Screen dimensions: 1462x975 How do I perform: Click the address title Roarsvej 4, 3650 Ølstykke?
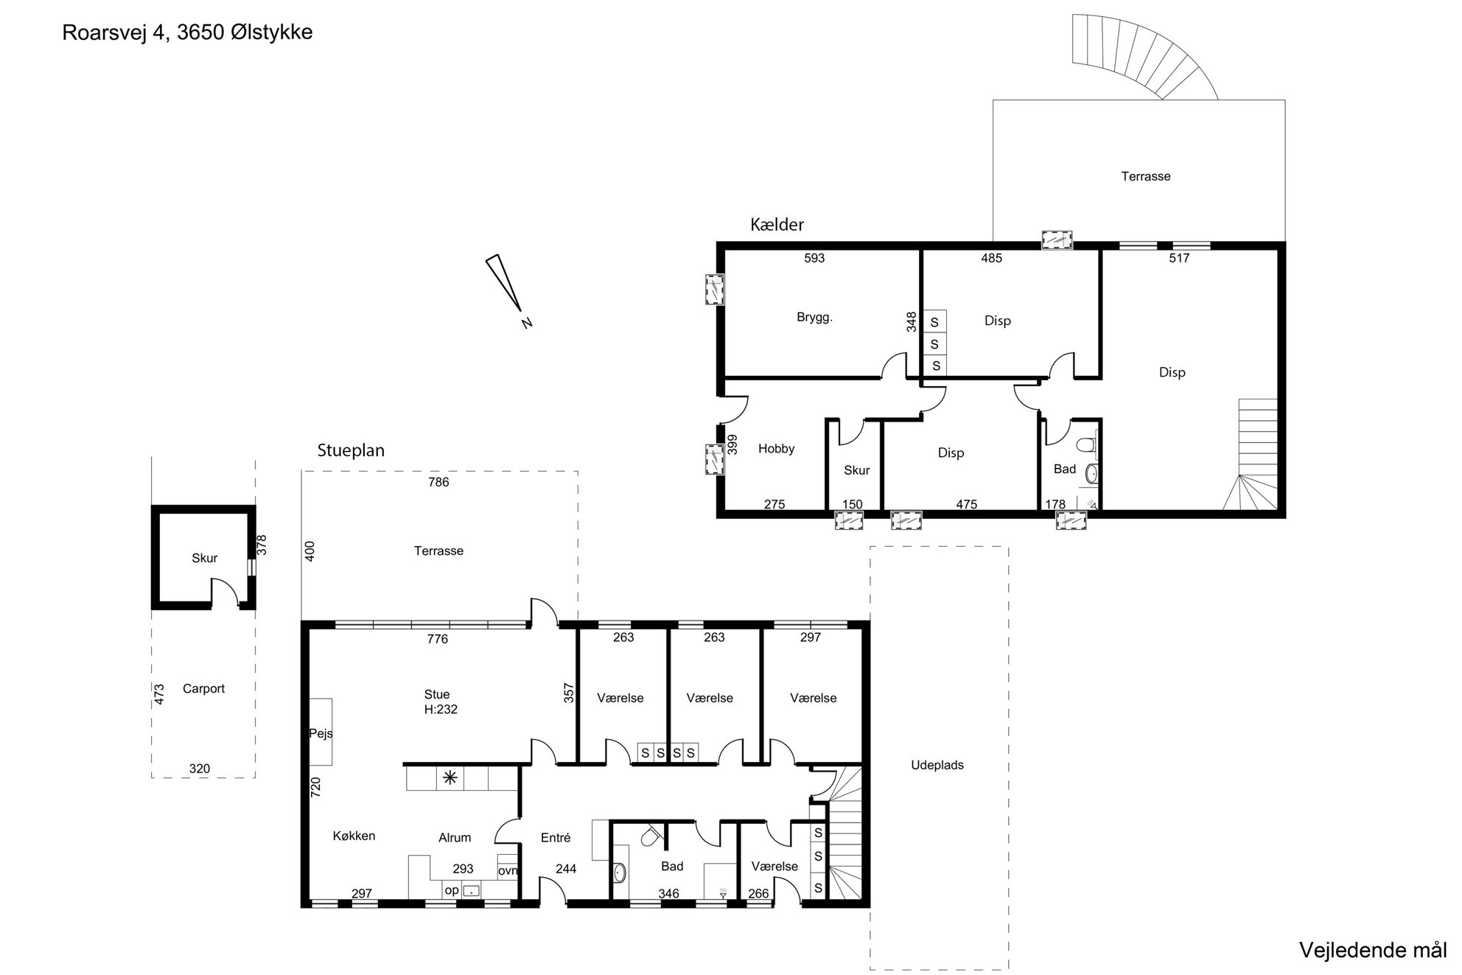point(187,33)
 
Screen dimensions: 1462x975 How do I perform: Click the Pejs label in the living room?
point(321,734)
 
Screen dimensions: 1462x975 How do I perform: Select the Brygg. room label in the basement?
point(814,318)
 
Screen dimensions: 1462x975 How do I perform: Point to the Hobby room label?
point(776,449)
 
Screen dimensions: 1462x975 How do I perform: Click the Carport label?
point(203,689)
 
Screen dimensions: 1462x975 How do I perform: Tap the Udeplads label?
point(937,766)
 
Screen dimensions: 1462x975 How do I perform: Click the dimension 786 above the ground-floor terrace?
point(438,483)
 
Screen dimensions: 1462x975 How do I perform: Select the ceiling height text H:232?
point(441,710)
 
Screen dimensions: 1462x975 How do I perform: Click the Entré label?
point(556,838)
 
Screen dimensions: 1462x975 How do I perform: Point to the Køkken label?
point(354,836)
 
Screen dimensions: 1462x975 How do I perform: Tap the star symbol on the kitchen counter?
point(450,777)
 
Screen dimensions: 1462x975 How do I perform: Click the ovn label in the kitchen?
point(508,871)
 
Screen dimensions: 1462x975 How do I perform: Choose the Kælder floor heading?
point(777,225)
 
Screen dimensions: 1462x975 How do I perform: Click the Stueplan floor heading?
point(351,450)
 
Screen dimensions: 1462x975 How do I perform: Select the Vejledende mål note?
point(1373,950)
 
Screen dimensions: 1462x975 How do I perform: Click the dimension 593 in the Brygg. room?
point(814,259)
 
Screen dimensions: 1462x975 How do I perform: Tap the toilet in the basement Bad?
point(1085,445)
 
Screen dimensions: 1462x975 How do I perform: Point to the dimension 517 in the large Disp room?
point(1179,259)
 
